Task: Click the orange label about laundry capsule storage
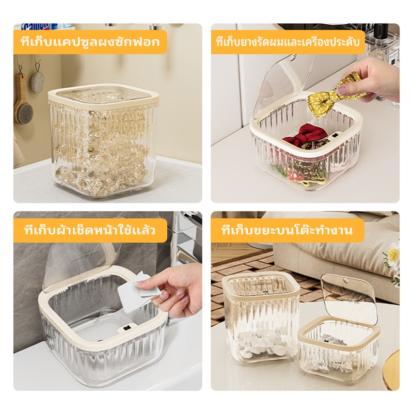(x=90, y=42)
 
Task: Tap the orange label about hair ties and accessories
(x=288, y=42)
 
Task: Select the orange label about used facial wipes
(x=90, y=230)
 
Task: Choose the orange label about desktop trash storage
(x=288, y=230)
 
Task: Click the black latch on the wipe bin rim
(x=126, y=328)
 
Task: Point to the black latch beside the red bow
(x=335, y=136)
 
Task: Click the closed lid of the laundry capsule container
(x=104, y=96)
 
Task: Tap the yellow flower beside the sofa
(x=393, y=255)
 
